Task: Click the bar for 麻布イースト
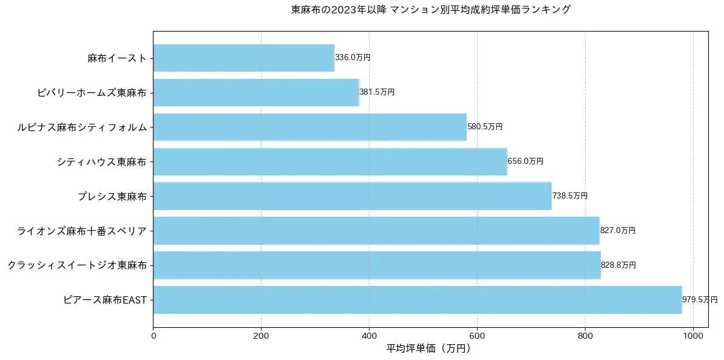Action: click(243, 58)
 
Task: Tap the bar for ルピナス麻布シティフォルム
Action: click(310, 127)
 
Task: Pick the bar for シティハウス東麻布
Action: click(330, 161)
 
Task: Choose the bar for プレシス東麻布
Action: click(352, 196)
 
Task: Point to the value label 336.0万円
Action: click(353, 58)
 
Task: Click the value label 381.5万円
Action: click(377, 92)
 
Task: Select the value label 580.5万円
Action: click(485, 127)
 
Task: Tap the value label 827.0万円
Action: click(618, 231)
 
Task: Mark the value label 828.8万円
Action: click(618, 265)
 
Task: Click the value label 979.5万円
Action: click(700, 300)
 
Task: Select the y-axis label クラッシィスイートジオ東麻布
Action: click(77, 265)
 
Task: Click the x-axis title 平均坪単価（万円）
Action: click(428, 348)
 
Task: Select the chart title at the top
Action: click(431, 10)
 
